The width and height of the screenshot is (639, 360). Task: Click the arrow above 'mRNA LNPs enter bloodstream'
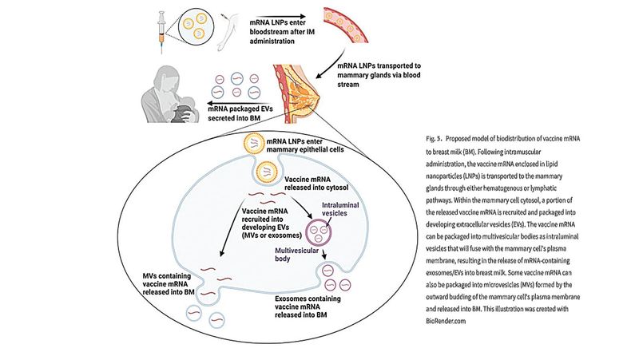tap(280, 14)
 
